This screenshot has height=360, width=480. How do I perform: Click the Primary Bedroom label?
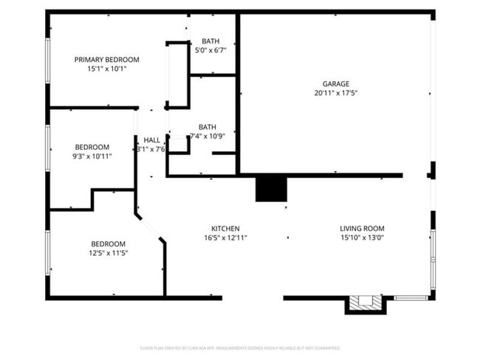pyautogui.click(x=106, y=60)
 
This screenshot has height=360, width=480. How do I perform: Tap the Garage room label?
pyautogui.click(x=335, y=84)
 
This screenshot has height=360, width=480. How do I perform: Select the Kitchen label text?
pyautogui.click(x=225, y=229)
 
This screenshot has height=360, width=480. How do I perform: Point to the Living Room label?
pyautogui.click(x=362, y=229)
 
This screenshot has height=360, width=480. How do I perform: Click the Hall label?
pyautogui.click(x=152, y=140)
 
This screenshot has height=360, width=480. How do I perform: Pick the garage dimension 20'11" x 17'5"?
pyautogui.click(x=335, y=94)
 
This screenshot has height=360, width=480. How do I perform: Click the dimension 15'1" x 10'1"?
pyautogui.click(x=106, y=69)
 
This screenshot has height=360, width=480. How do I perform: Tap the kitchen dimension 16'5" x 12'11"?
pyautogui.click(x=225, y=238)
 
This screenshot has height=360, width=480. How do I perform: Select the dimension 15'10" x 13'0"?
pyautogui.click(x=362, y=238)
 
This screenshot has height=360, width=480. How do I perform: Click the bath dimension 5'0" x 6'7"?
pyautogui.click(x=210, y=51)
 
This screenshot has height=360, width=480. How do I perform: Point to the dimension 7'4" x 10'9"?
pyautogui.click(x=208, y=136)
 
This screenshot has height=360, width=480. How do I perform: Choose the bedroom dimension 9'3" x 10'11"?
pyautogui.click(x=92, y=156)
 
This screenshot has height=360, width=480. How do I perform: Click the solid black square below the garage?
pyautogui.click(x=270, y=189)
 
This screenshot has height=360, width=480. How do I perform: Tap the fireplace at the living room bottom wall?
pyautogui.click(x=366, y=302)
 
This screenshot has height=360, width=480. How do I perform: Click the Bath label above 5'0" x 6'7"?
pyautogui.click(x=210, y=41)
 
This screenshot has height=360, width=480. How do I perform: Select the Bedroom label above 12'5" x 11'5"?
pyautogui.click(x=108, y=244)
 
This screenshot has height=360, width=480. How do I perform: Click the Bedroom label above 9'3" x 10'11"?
pyautogui.click(x=92, y=147)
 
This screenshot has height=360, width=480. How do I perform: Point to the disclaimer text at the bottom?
pyautogui.click(x=240, y=347)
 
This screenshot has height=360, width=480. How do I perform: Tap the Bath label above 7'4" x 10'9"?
pyautogui.click(x=208, y=127)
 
